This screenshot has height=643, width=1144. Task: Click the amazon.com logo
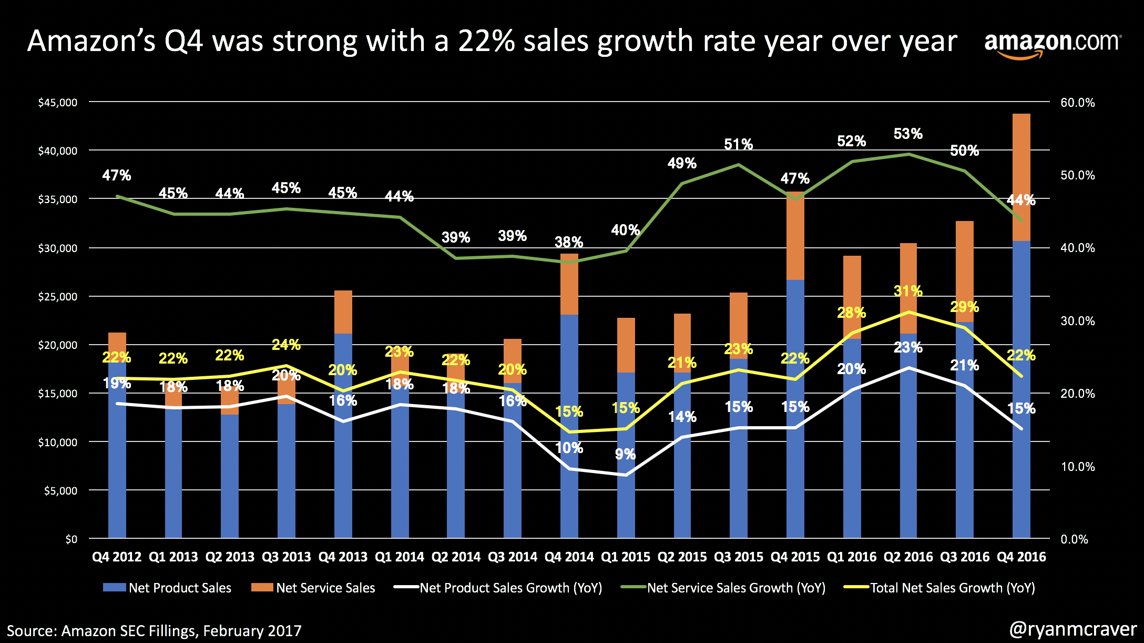[1053, 44]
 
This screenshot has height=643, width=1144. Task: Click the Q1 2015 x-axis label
[626, 557]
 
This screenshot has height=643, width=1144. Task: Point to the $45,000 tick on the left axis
[57, 103]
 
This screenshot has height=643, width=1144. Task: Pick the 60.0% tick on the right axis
[1077, 103]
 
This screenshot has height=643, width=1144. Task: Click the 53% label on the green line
[908, 134]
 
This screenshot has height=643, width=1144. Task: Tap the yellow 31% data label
[908, 291]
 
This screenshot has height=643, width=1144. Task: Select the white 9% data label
[625, 454]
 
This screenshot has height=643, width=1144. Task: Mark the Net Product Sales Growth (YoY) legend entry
[498, 588]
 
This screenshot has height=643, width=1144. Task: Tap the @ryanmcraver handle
[1073, 629]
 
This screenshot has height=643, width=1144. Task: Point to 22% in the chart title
[486, 41]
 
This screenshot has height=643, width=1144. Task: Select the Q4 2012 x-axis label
[117, 557]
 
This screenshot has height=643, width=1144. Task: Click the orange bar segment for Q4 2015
[795, 237]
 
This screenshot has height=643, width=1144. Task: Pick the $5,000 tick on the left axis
[60, 491]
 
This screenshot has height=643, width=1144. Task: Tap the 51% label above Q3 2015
[738, 145]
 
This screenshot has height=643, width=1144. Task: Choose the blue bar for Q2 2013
[230, 476]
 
